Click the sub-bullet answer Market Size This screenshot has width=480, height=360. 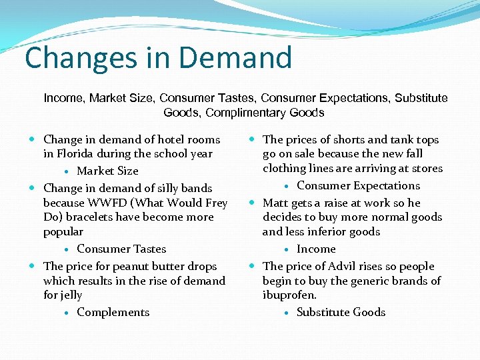click(x=107, y=171)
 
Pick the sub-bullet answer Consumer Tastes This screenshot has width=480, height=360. click(x=121, y=249)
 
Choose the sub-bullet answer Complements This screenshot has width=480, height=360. click(x=113, y=312)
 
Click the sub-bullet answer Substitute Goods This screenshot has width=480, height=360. click(x=341, y=312)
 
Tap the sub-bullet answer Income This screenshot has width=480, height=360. click(x=316, y=249)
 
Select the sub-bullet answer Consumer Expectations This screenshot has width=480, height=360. click(x=358, y=185)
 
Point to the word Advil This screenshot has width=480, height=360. click(x=346, y=266)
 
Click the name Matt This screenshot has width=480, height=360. click(x=275, y=203)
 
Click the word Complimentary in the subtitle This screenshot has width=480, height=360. click(x=243, y=113)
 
